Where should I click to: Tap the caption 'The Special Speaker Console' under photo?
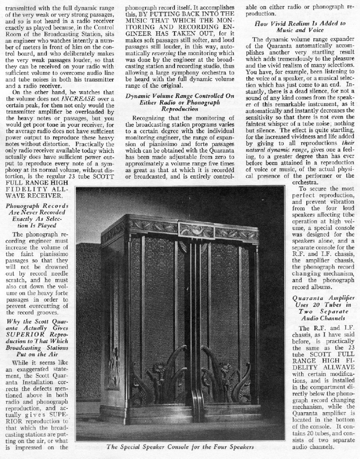coord(180,447)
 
